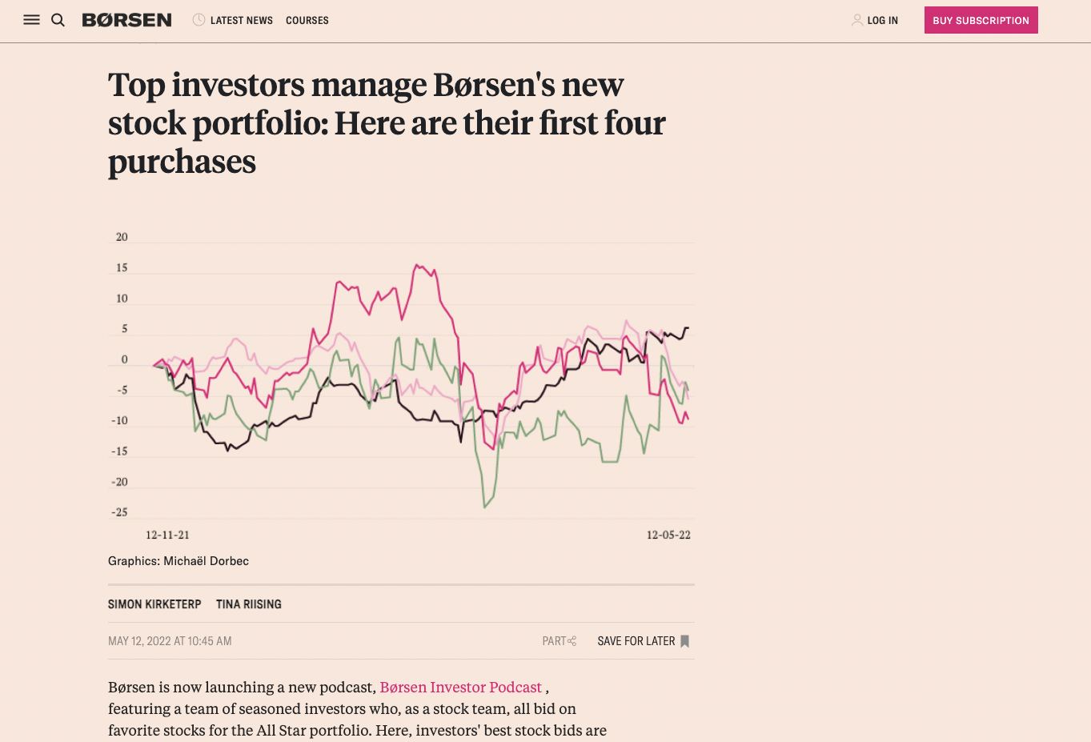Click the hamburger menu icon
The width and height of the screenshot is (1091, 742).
(x=31, y=20)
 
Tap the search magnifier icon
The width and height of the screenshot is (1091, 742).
(x=58, y=20)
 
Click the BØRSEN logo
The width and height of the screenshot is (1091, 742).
(x=126, y=20)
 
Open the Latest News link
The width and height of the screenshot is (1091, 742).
(x=240, y=20)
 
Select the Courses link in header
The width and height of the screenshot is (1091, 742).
(x=307, y=20)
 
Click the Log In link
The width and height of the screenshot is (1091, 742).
(x=881, y=20)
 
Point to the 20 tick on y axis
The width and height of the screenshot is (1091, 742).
(x=122, y=237)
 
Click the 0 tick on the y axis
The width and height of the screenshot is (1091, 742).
(x=124, y=359)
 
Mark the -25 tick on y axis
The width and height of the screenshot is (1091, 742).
(x=120, y=512)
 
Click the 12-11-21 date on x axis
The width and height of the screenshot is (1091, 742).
(x=167, y=535)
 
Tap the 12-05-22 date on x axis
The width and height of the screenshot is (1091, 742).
(x=668, y=535)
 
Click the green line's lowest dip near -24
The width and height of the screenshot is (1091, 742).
(x=485, y=507)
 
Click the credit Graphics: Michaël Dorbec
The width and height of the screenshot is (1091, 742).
(x=178, y=561)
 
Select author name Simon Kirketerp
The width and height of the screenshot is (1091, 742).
(x=154, y=604)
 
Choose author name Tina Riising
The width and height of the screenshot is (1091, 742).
(x=248, y=604)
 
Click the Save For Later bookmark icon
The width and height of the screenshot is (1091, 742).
(x=684, y=641)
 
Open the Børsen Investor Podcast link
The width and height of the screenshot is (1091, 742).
(x=460, y=688)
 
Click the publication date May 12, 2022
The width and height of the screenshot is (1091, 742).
(x=170, y=641)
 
